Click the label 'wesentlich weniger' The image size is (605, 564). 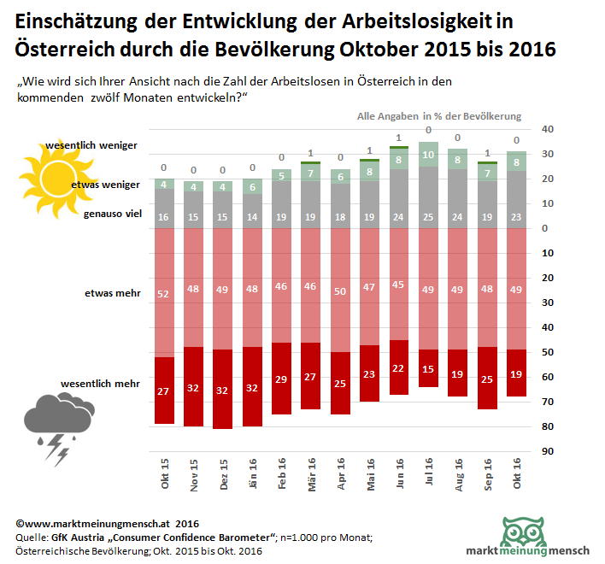(93, 145)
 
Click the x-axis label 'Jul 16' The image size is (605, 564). (429, 472)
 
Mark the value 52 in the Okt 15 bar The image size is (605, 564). (165, 295)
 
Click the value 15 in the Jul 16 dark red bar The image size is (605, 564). (428, 368)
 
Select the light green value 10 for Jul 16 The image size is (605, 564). (428, 155)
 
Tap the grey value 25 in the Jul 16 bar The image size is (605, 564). (428, 217)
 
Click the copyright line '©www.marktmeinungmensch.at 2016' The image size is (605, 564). (107, 522)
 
